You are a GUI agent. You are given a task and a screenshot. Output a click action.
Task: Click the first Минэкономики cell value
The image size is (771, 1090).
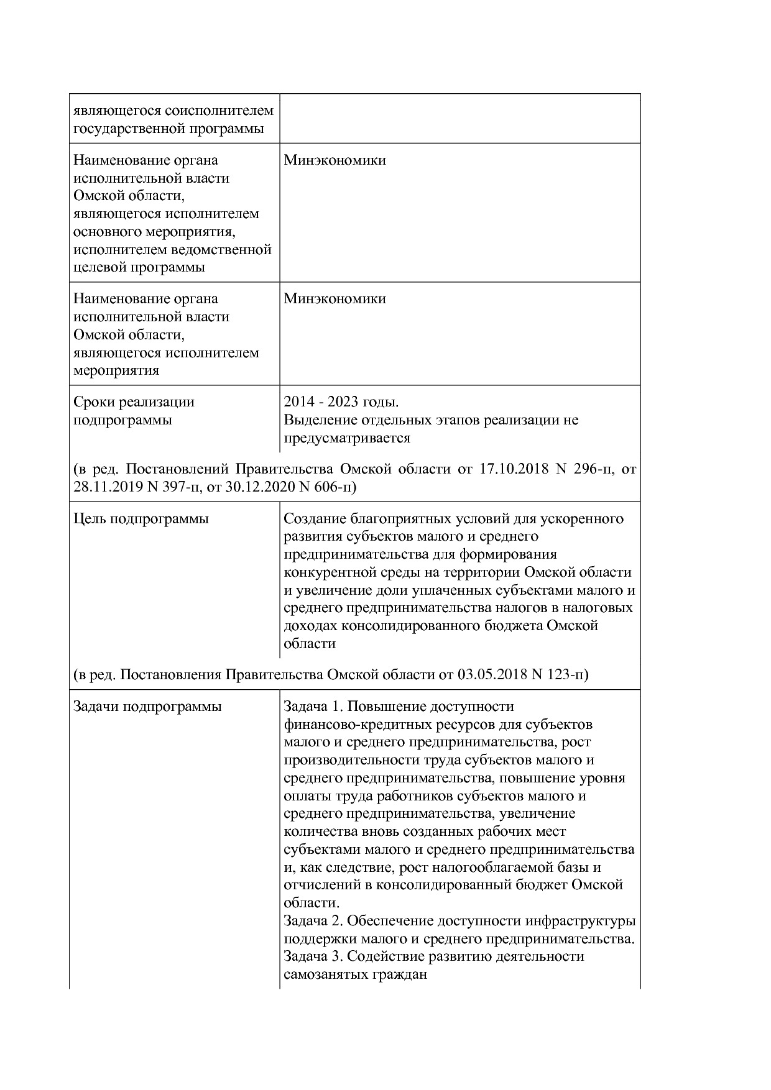click(x=335, y=160)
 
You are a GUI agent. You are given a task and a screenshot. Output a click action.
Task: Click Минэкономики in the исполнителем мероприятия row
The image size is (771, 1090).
click(x=335, y=299)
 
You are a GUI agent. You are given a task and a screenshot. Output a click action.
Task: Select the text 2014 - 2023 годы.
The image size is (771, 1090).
click(x=341, y=402)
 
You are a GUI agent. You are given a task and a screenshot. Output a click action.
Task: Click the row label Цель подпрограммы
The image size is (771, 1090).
click(x=141, y=519)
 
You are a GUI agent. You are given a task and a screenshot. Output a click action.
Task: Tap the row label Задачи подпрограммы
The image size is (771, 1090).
click(x=147, y=707)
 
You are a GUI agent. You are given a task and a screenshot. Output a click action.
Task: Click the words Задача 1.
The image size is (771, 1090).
click(x=310, y=707)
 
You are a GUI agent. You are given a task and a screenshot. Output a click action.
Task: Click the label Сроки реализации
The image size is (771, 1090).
click(x=134, y=402)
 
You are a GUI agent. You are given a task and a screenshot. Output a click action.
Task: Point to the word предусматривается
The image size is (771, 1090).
click(x=347, y=438)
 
